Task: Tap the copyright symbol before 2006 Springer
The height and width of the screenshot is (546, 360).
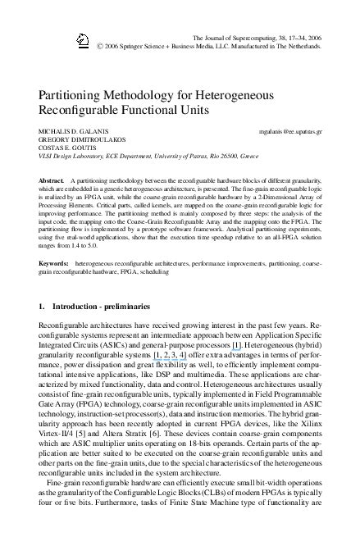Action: click(x=98, y=47)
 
